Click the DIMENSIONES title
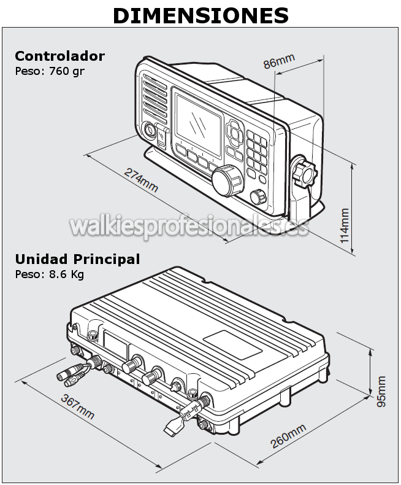tap(200, 16)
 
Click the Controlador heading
tap(59, 56)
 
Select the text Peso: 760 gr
tap(50, 71)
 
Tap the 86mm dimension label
tap(279, 62)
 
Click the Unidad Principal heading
tap(77, 259)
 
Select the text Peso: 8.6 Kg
tap(49, 274)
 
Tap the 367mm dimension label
tap(78, 406)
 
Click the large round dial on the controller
tap(228, 179)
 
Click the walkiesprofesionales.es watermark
tap(189, 225)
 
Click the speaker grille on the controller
tap(155, 96)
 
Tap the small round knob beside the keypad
tap(259, 196)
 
